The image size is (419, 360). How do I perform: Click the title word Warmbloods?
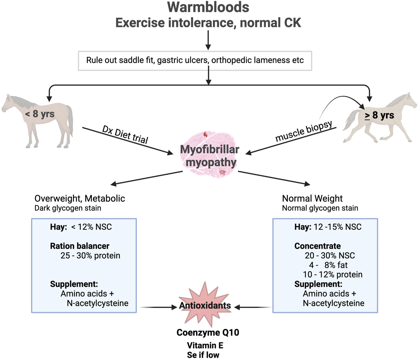tap(208, 7)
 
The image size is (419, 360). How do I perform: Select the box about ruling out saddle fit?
tap(195, 60)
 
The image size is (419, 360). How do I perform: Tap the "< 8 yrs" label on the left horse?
tap(40, 114)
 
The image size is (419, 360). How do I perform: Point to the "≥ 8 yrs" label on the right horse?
tap(379, 115)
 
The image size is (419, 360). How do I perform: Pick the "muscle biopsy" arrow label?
tap(304, 131)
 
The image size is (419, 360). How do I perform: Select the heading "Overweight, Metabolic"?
tap(80, 198)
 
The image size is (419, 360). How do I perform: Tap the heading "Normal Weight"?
tap(312, 198)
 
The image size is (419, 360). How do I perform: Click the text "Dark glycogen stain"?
tap(68, 208)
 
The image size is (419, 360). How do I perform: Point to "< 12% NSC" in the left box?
tap(91, 227)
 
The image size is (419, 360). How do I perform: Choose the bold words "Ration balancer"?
tap(80, 246)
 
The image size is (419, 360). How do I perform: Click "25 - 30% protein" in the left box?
tap(90, 255)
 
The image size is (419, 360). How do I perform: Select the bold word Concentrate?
tap(317, 246)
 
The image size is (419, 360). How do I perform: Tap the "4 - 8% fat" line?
tap(328, 265)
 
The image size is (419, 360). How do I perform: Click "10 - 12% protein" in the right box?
tap(332, 274)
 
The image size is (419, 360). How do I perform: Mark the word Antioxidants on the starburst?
tap(205, 305)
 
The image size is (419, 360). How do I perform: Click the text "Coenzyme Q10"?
tap(208, 333)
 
